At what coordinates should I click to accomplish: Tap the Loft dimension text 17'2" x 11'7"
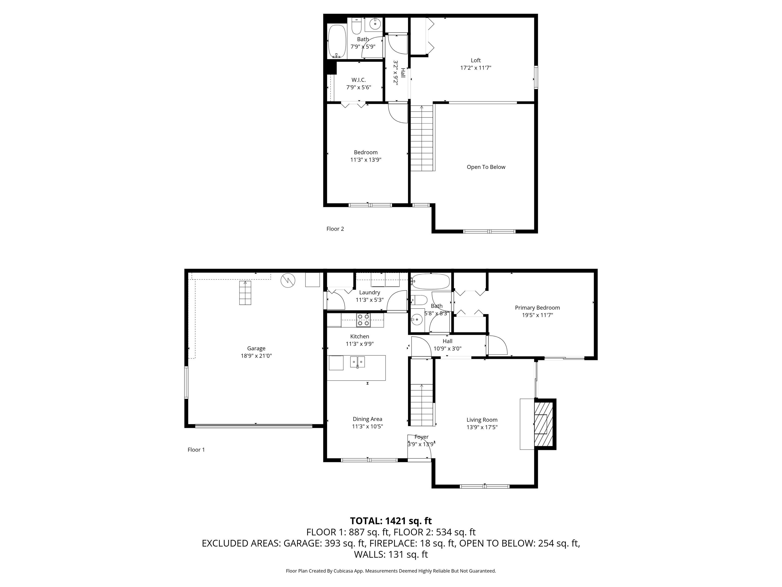(476, 68)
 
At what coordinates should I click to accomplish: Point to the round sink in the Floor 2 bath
(375, 24)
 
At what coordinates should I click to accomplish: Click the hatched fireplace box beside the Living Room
(541, 424)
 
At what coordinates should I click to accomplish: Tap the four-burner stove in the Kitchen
(363, 320)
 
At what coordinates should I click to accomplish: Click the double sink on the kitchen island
(357, 362)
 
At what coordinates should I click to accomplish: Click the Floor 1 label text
(196, 450)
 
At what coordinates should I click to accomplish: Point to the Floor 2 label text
(335, 229)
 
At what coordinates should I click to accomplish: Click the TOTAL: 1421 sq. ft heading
(391, 521)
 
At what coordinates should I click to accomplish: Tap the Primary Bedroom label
(537, 308)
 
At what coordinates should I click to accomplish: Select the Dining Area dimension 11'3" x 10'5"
(367, 426)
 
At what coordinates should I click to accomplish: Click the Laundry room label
(369, 293)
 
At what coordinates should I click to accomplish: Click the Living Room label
(482, 420)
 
